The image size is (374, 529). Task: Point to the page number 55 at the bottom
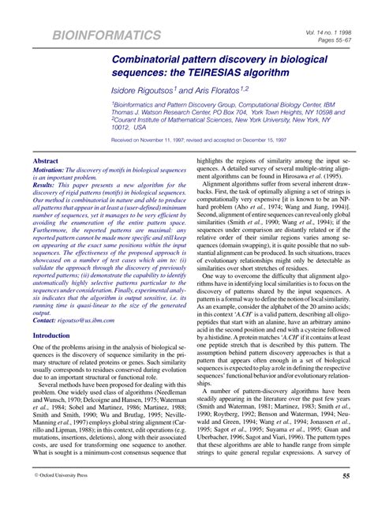click(x=346, y=498)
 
